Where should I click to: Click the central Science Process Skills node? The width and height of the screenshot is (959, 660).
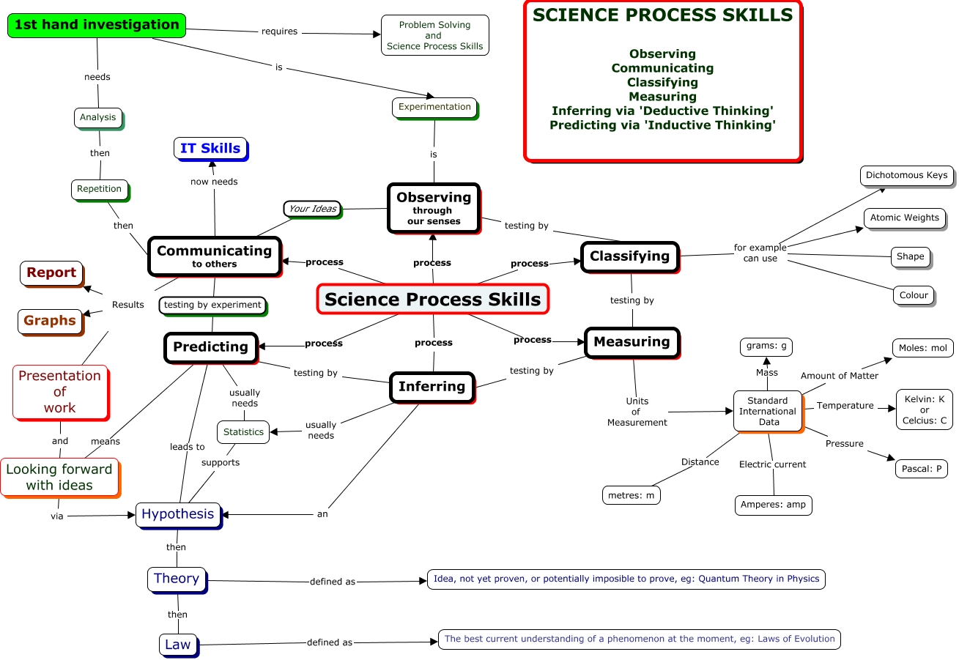pos(432,299)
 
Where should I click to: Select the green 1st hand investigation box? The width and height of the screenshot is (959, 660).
pos(96,25)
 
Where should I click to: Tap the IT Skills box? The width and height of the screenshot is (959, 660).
pos(210,148)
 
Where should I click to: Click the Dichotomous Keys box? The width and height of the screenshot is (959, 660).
pos(906,175)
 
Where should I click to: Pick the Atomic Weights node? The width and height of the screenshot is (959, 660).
pos(904,218)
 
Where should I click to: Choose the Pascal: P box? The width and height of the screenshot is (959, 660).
pos(922,469)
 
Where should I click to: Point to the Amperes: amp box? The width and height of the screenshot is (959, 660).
pos(773,505)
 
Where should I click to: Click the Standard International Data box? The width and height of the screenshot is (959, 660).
pos(768,411)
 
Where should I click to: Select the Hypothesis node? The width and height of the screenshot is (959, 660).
pos(178,514)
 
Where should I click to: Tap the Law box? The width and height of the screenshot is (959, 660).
pos(177,645)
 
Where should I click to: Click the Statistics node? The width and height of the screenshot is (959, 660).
pos(243,431)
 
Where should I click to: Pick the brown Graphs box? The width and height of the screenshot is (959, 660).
pos(50,321)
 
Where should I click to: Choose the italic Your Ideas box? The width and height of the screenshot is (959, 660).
pos(312,209)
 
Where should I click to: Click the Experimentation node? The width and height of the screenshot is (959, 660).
pos(434,107)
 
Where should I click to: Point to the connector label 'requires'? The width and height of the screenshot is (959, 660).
pos(280,31)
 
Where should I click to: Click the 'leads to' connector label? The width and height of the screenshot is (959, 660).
pos(188,447)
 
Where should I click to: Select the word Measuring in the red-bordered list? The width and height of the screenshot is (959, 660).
pos(662,97)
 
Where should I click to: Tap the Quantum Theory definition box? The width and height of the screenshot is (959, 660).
pos(626,579)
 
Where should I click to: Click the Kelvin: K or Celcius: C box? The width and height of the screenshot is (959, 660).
pos(924,409)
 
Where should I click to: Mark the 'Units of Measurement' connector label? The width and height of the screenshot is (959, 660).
pos(637,412)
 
